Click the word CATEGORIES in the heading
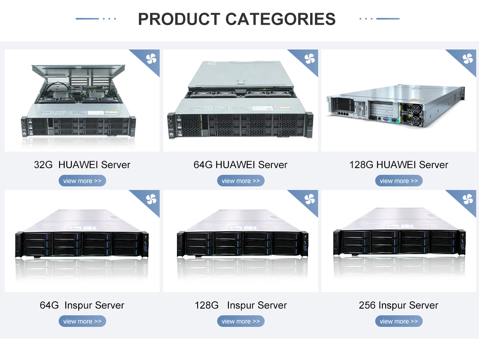click(x=281, y=19)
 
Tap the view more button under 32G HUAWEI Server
click(x=82, y=181)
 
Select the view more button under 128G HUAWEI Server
click(x=399, y=181)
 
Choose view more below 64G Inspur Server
click(x=82, y=321)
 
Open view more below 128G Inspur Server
click(x=241, y=321)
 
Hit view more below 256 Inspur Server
click(x=399, y=321)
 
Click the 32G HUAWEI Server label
click(x=82, y=165)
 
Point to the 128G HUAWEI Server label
click(x=399, y=165)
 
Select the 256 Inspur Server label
click(x=398, y=305)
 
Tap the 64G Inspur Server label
click(x=82, y=305)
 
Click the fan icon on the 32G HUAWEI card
click(x=151, y=59)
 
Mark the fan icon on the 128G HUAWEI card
click(x=468, y=59)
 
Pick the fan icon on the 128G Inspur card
click(x=310, y=199)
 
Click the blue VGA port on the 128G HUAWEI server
click(x=386, y=120)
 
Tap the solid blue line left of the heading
click(x=87, y=19)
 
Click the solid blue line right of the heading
click(x=388, y=19)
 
